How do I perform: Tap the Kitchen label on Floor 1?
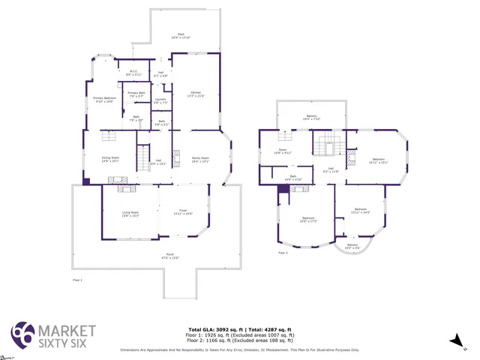[195, 94]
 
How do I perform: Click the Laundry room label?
[160, 100]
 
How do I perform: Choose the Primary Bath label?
[136, 94]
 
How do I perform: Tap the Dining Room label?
[111, 159]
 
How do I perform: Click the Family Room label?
[200, 160]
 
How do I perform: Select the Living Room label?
[130, 214]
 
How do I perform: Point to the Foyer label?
[183, 214]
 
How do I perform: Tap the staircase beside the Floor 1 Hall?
[141, 158]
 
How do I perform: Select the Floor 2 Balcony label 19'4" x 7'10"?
[310, 118]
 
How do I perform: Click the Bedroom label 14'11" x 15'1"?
[379, 160]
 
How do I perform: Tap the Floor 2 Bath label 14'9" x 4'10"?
[293, 178]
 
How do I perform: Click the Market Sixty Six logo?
[52, 334]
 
